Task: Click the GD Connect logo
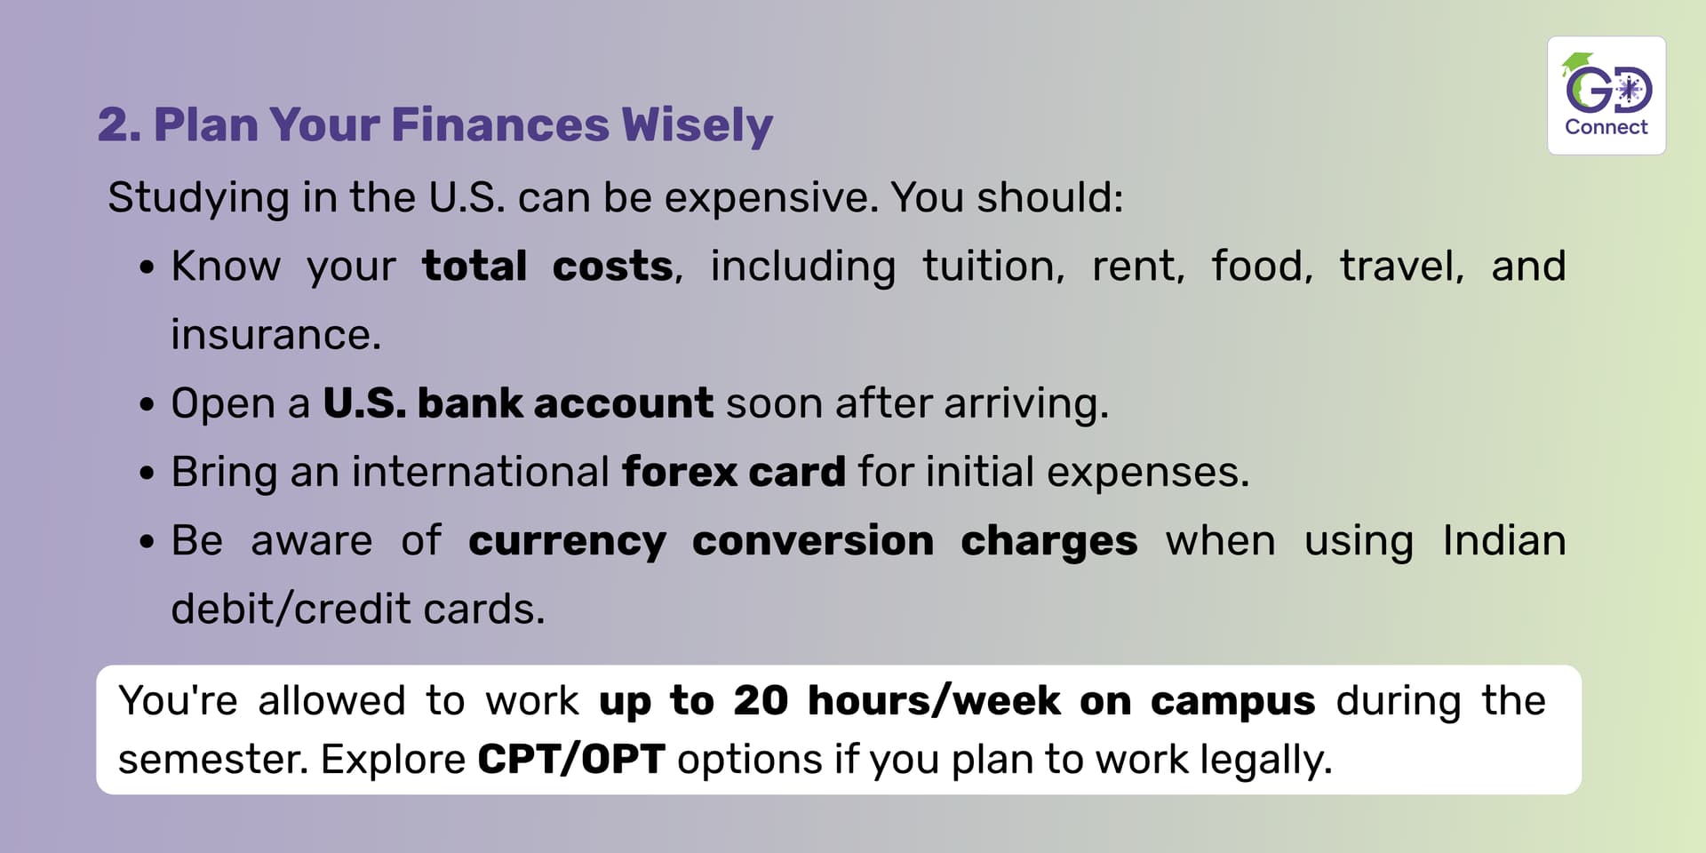pos(1606,95)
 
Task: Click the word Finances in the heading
pos(500,124)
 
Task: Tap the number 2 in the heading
pos(114,124)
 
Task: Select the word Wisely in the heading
pos(698,125)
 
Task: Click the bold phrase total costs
pos(547,266)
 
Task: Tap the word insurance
pos(275,335)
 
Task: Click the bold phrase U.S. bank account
pos(517,403)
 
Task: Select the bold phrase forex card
pos(734,472)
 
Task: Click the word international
pos(480,472)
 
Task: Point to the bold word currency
pos(567,542)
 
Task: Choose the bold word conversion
pos(813,540)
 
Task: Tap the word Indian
pos(1504,540)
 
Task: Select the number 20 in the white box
pos(761,701)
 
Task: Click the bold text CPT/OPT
pos(571,760)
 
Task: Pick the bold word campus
pos(1232,702)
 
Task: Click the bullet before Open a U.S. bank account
pos(147,405)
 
